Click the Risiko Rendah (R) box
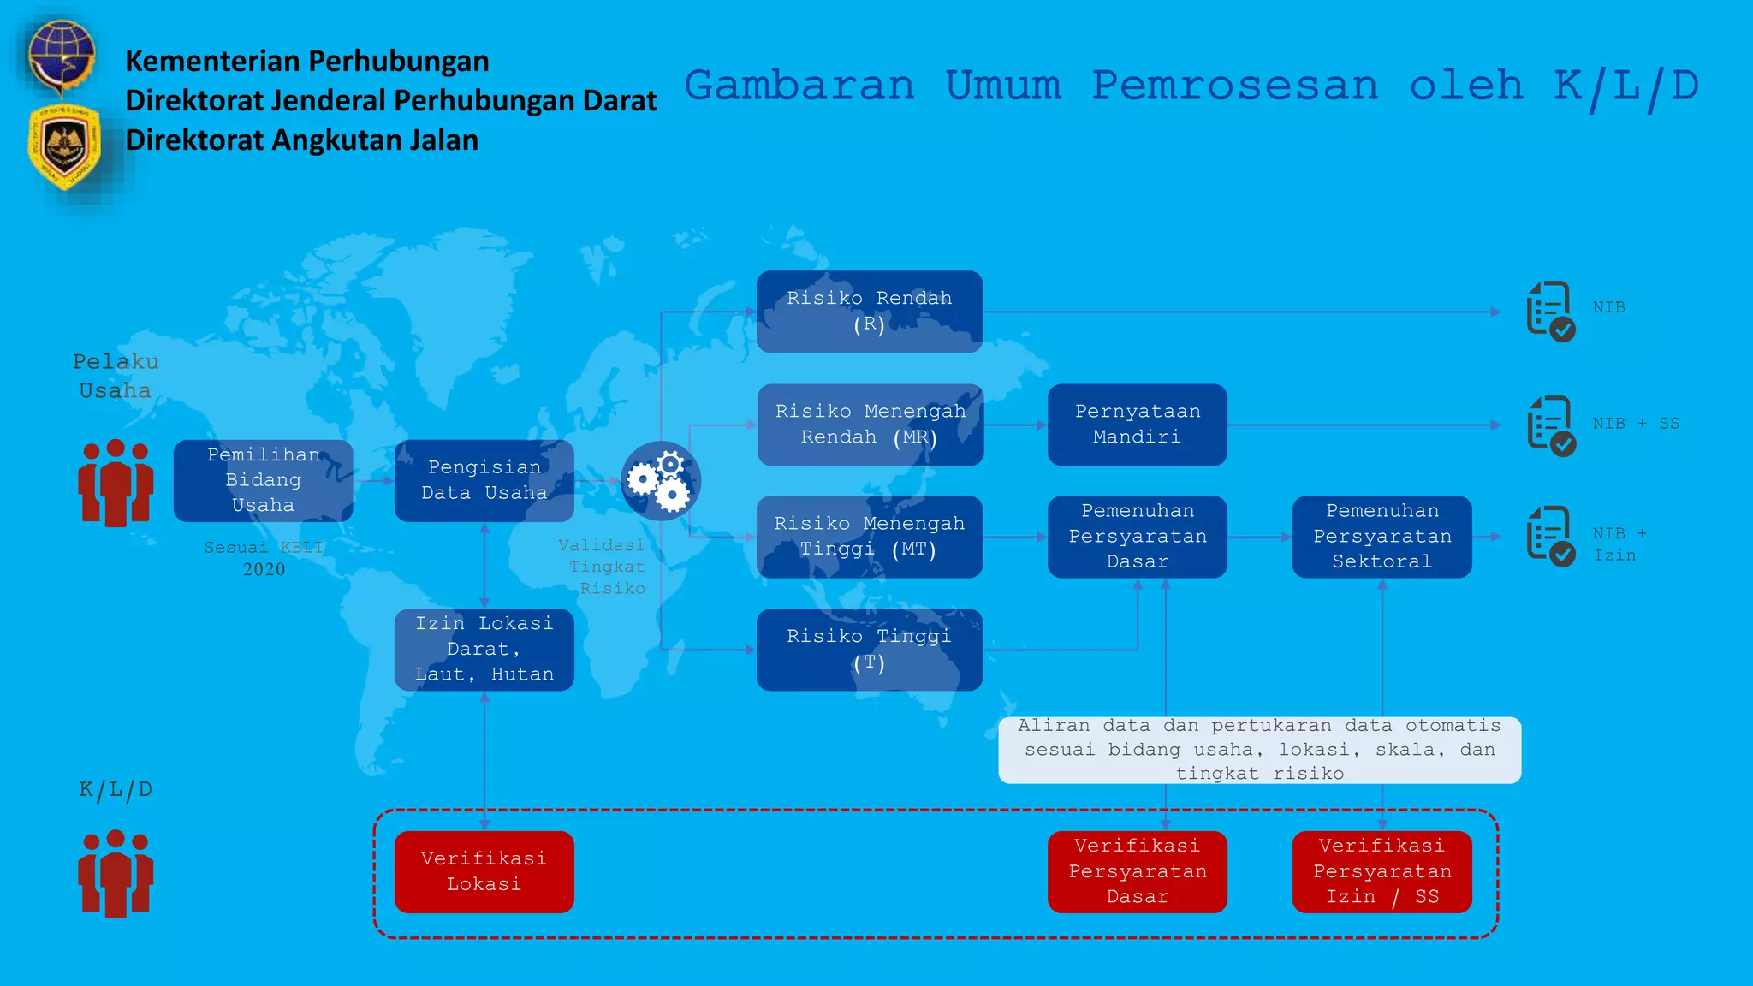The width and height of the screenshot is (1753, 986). click(869, 312)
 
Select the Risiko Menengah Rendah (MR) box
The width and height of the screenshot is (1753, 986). click(870, 425)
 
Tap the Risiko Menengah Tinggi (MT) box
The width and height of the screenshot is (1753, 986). click(869, 537)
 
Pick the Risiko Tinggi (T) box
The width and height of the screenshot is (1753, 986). click(869, 650)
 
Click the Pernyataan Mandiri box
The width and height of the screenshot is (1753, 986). click(1137, 425)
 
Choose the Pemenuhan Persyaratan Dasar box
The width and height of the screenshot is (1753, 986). click(1137, 537)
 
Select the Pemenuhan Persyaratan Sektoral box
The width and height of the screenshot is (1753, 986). click(1382, 537)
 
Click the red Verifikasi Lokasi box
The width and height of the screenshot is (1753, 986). click(484, 871)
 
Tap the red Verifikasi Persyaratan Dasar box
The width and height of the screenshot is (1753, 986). click(1137, 871)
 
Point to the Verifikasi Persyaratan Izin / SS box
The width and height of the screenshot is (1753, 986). click(1382, 871)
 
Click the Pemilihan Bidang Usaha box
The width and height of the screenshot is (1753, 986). click(263, 480)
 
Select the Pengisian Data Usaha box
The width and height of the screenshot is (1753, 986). click(484, 480)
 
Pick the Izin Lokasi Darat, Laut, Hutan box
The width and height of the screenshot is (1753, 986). click(484, 650)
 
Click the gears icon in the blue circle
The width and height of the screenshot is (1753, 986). click(660, 481)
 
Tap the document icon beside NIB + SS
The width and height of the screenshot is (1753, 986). click(1550, 425)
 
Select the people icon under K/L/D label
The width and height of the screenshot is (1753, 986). click(116, 873)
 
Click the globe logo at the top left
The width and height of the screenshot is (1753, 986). click(61, 56)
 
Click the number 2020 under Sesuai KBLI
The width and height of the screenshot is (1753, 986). click(264, 570)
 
